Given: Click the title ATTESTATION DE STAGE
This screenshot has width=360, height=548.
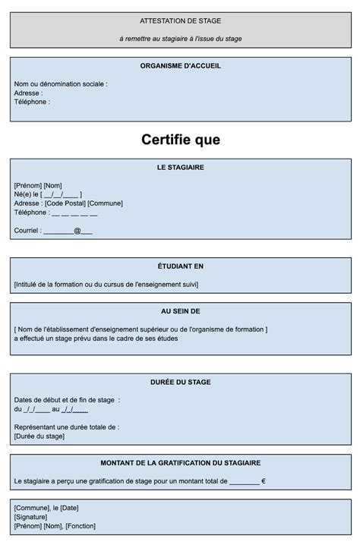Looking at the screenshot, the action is [181, 20].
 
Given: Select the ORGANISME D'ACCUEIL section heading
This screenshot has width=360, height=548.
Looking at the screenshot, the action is [181, 66].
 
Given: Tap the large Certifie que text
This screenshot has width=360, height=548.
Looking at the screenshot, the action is [181, 140].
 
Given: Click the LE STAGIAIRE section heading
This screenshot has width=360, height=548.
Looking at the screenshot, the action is [181, 167].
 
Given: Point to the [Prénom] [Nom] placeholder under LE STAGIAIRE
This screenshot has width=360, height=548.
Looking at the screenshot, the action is [38, 185].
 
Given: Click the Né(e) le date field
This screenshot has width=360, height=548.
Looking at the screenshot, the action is [61, 194].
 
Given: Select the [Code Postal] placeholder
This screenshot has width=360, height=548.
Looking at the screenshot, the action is [65, 203].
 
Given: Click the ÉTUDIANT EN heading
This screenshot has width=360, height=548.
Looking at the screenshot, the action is [181, 266].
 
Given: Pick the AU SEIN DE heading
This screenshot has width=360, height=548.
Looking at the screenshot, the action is [181, 311].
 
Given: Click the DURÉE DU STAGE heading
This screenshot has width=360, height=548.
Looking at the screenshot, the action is [181, 382].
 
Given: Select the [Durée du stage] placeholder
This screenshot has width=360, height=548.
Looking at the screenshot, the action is [39, 436].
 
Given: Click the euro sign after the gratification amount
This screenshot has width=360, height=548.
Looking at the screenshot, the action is [263, 481].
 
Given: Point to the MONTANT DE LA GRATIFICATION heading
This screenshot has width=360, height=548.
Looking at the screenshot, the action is [181, 463].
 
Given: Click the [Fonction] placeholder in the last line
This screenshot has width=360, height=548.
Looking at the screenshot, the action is [83, 526].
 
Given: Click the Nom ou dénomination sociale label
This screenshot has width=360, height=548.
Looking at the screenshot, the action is [61, 84].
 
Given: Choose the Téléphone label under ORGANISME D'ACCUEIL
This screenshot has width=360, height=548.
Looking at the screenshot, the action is [32, 102].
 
